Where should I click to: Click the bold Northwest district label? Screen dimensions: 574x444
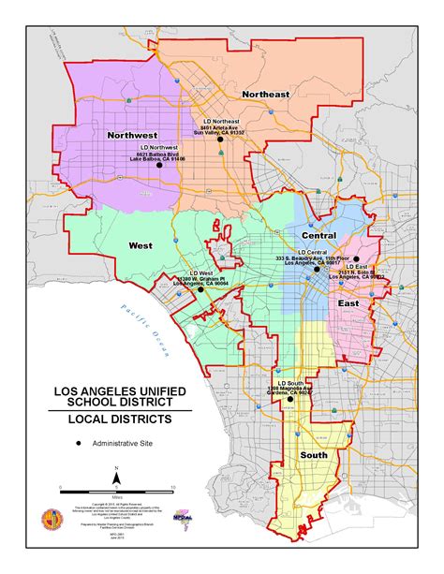[133, 135]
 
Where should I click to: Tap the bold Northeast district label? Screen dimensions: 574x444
[266, 95]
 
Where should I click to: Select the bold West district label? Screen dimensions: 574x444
[140, 245]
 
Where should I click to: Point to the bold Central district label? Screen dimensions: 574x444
[318, 235]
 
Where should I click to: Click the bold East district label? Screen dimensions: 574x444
[348, 304]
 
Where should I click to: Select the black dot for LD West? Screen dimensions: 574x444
[199, 290]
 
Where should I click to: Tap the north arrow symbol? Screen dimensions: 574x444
[115, 476]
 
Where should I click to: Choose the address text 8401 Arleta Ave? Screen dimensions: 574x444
[218, 127]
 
